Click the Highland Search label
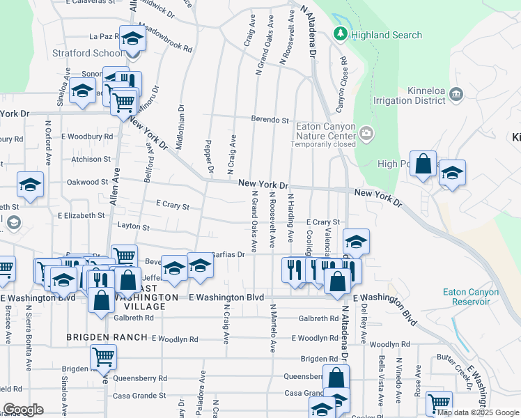click(x=387, y=35)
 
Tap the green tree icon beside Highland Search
click(x=341, y=33)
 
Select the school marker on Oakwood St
click(x=31, y=185)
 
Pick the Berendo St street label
click(x=270, y=120)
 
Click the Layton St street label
click(x=134, y=227)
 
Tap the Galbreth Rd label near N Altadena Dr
click(x=318, y=318)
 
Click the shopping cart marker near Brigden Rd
click(x=103, y=358)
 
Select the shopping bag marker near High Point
click(x=423, y=165)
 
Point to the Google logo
click(x=23, y=410)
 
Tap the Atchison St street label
click(x=91, y=159)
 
